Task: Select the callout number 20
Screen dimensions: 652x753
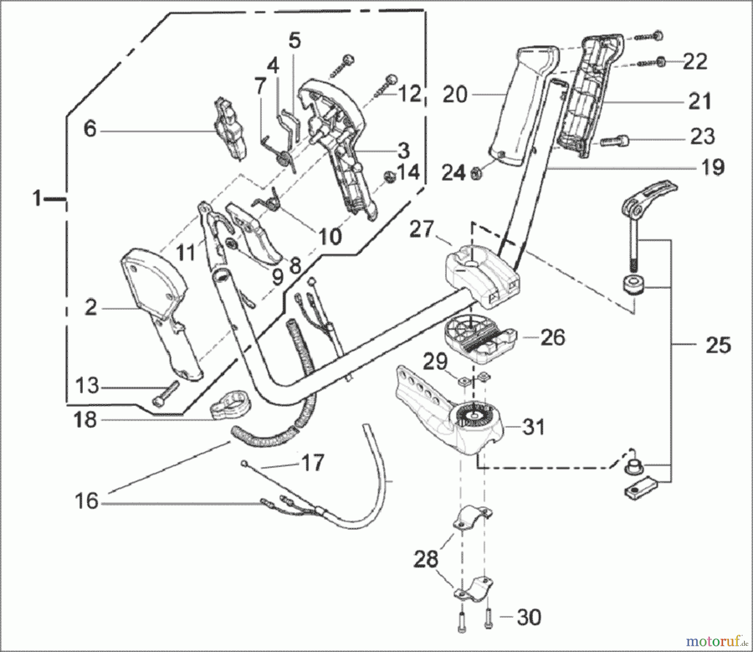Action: (x=455, y=95)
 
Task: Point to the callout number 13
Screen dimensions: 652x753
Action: (x=87, y=385)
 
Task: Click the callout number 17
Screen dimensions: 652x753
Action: (x=312, y=463)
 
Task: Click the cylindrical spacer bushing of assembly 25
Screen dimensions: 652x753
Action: (x=633, y=286)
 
